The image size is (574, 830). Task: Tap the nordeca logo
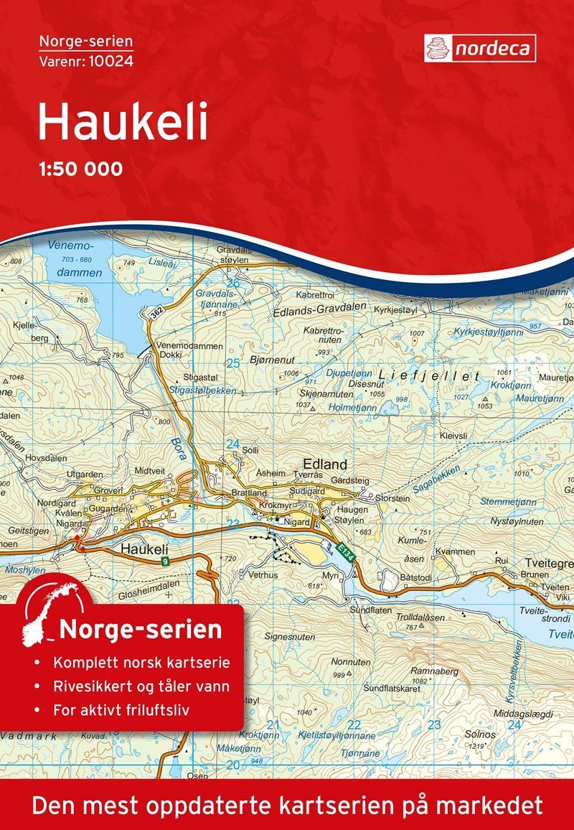[x=479, y=48]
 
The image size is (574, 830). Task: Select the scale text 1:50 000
[x=80, y=169]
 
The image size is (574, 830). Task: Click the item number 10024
[x=112, y=61]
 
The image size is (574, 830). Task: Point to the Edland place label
[x=325, y=464]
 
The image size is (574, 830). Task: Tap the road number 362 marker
[x=156, y=314]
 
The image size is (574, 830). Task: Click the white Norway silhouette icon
[x=50, y=613]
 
